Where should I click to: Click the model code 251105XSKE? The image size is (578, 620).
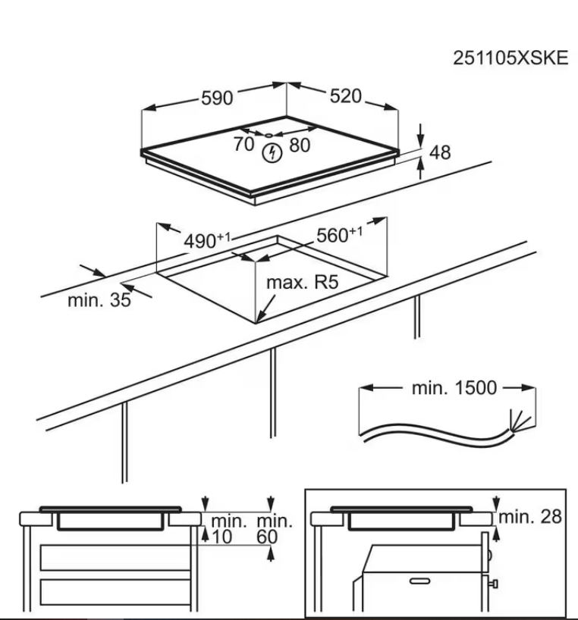tap(510, 59)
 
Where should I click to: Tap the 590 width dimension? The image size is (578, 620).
tap(218, 98)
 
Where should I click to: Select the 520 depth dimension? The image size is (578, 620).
tap(346, 96)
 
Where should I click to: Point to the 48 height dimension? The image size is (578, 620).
tap(441, 152)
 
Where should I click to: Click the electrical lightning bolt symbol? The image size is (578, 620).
tap(271, 154)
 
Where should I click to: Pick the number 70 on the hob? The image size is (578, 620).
tap(244, 144)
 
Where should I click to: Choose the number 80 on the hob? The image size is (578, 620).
tap(300, 144)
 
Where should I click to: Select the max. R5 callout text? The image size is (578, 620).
tap(301, 284)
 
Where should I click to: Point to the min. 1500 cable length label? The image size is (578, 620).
tap(454, 388)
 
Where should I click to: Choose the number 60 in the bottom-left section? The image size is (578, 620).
tap(266, 537)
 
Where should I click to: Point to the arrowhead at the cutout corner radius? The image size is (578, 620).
tap(260, 318)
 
